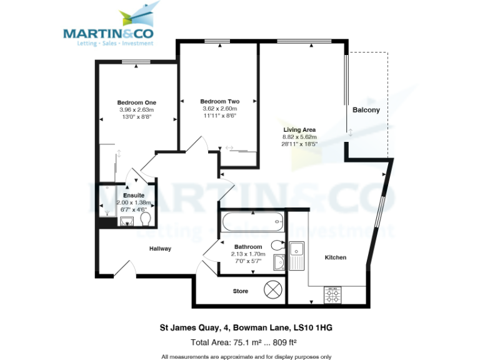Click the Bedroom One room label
(x=137, y=102)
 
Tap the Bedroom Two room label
(x=219, y=101)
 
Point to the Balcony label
(x=366, y=110)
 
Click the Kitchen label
(x=335, y=257)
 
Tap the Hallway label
(x=160, y=249)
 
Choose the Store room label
(x=241, y=291)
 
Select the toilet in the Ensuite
(x=146, y=220)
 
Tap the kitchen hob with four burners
(x=332, y=294)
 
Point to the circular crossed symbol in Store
(x=273, y=290)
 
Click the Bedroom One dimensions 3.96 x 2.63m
(x=137, y=110)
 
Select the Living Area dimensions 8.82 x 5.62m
(x=300, y=137)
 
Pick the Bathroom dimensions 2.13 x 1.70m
(x=248, y=254)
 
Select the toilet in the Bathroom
(x=278, y=245)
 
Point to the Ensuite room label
(x=134, y=196)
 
